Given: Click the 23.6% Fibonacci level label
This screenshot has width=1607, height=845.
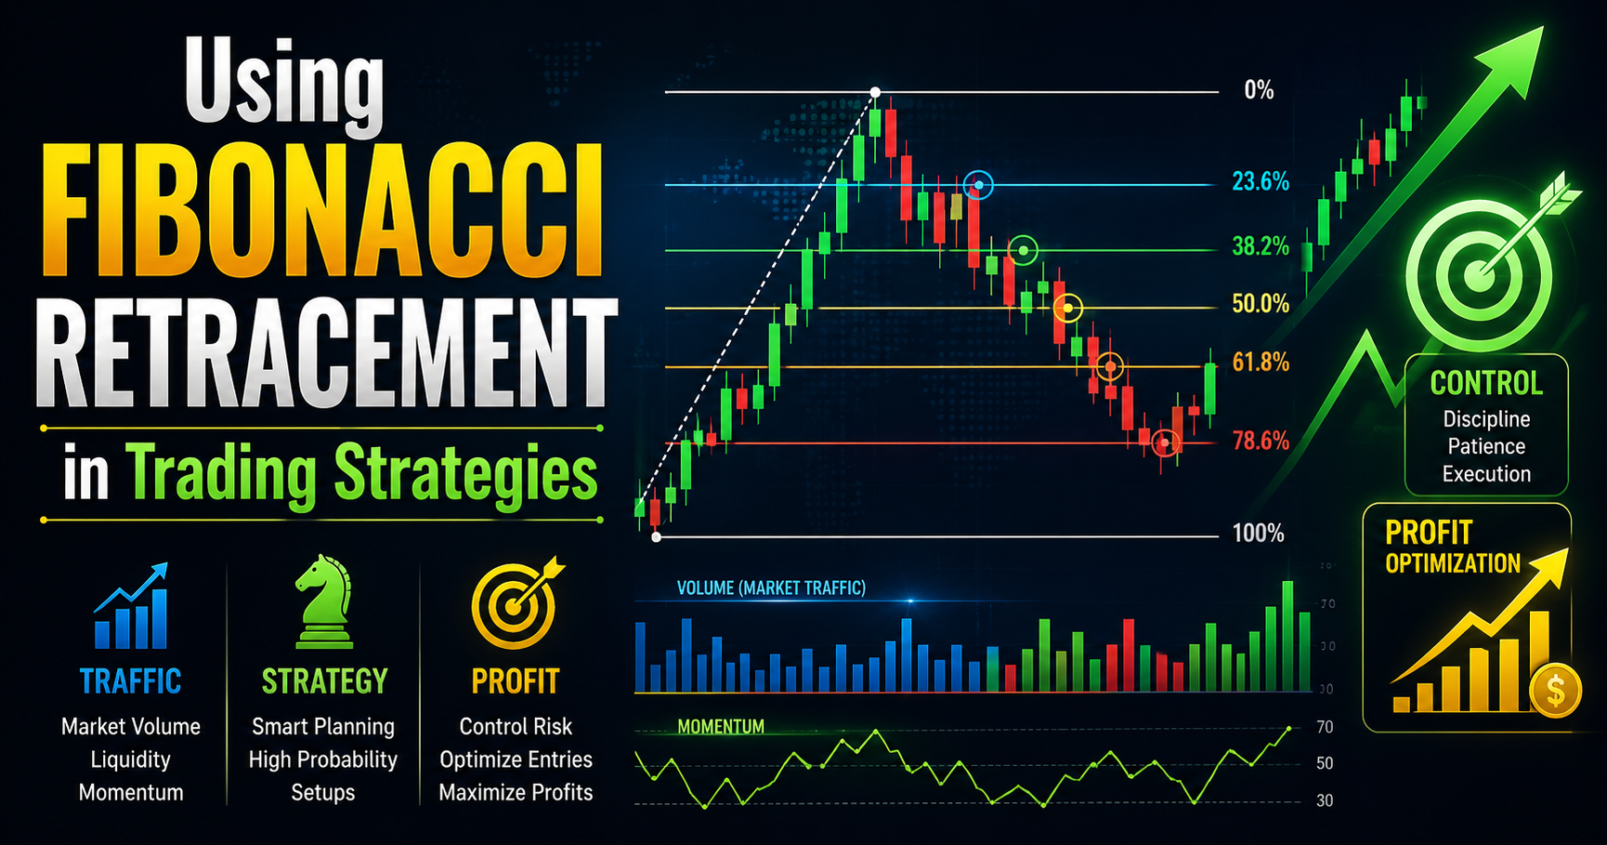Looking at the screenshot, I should (1261, 182).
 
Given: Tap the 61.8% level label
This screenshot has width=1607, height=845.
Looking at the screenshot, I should (1261, 363).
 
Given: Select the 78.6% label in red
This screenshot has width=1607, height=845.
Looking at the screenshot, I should (1261, 442).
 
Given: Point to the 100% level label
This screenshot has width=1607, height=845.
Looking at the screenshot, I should (1258, 534).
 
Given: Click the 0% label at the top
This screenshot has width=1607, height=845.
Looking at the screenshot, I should (1259, 91).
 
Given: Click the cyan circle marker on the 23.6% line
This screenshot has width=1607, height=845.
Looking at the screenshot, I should (978, 186).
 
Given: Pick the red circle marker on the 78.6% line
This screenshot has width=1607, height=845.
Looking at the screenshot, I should (1165, 443).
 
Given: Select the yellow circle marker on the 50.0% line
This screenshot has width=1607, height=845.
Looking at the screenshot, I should (1069, 308).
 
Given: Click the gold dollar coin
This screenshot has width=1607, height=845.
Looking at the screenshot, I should (1555, 691).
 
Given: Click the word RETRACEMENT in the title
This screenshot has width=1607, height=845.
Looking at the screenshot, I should (325, 354).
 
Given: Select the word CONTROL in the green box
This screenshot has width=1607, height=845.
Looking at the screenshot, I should (1486, 383).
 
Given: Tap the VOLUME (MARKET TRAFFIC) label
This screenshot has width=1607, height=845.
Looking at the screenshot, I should (771, 588).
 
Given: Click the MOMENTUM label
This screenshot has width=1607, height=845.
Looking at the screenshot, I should (721, 727).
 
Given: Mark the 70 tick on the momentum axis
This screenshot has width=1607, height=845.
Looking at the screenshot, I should (1325, 727).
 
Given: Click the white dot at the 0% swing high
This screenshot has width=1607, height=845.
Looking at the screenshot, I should (875, 92).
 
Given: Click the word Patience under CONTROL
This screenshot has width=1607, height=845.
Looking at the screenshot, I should (1486, 446).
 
